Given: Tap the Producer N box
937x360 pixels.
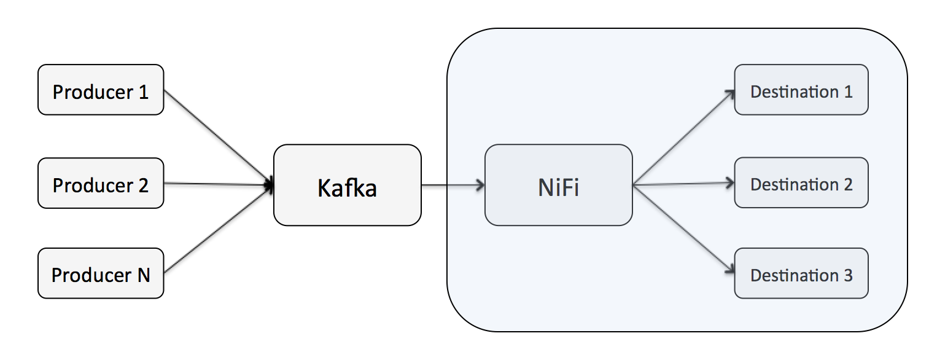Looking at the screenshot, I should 100,273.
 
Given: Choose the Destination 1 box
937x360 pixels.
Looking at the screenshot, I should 801,90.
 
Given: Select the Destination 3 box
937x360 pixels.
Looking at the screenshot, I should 801,273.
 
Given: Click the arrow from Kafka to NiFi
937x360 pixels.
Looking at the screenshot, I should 451,184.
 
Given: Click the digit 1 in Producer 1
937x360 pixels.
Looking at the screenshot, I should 143,92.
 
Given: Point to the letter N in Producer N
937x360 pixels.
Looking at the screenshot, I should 142,275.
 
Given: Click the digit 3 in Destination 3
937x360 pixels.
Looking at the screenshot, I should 847,275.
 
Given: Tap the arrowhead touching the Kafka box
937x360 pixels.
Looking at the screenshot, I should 269,184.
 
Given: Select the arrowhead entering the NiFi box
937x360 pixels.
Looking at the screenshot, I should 480,184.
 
